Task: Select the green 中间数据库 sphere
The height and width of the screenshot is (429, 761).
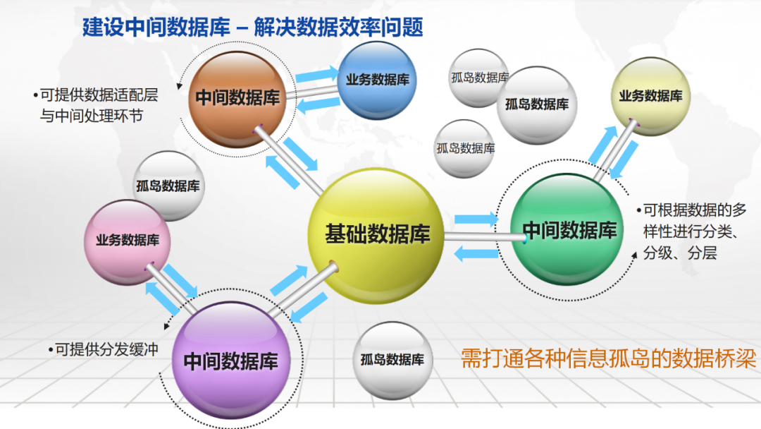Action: (x=569, y=230)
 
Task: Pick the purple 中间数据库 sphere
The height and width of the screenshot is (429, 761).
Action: (x=231, y=361)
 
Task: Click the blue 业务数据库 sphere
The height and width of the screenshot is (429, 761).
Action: (x=377, y=80)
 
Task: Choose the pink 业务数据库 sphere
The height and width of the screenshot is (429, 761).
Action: (x=128, y=240)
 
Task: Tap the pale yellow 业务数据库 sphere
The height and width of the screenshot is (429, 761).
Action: (x=650, y=96)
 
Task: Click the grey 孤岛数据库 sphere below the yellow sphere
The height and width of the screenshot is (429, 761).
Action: (x=392, y=359)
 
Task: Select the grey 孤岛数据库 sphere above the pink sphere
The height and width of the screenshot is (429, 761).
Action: (x=168, y=186)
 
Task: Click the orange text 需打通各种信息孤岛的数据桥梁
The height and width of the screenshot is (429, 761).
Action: (x=608, y=358)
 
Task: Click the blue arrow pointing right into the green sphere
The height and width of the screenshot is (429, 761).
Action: (x=476, y=219)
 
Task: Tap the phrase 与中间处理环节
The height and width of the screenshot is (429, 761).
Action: (x=92, y=116)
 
